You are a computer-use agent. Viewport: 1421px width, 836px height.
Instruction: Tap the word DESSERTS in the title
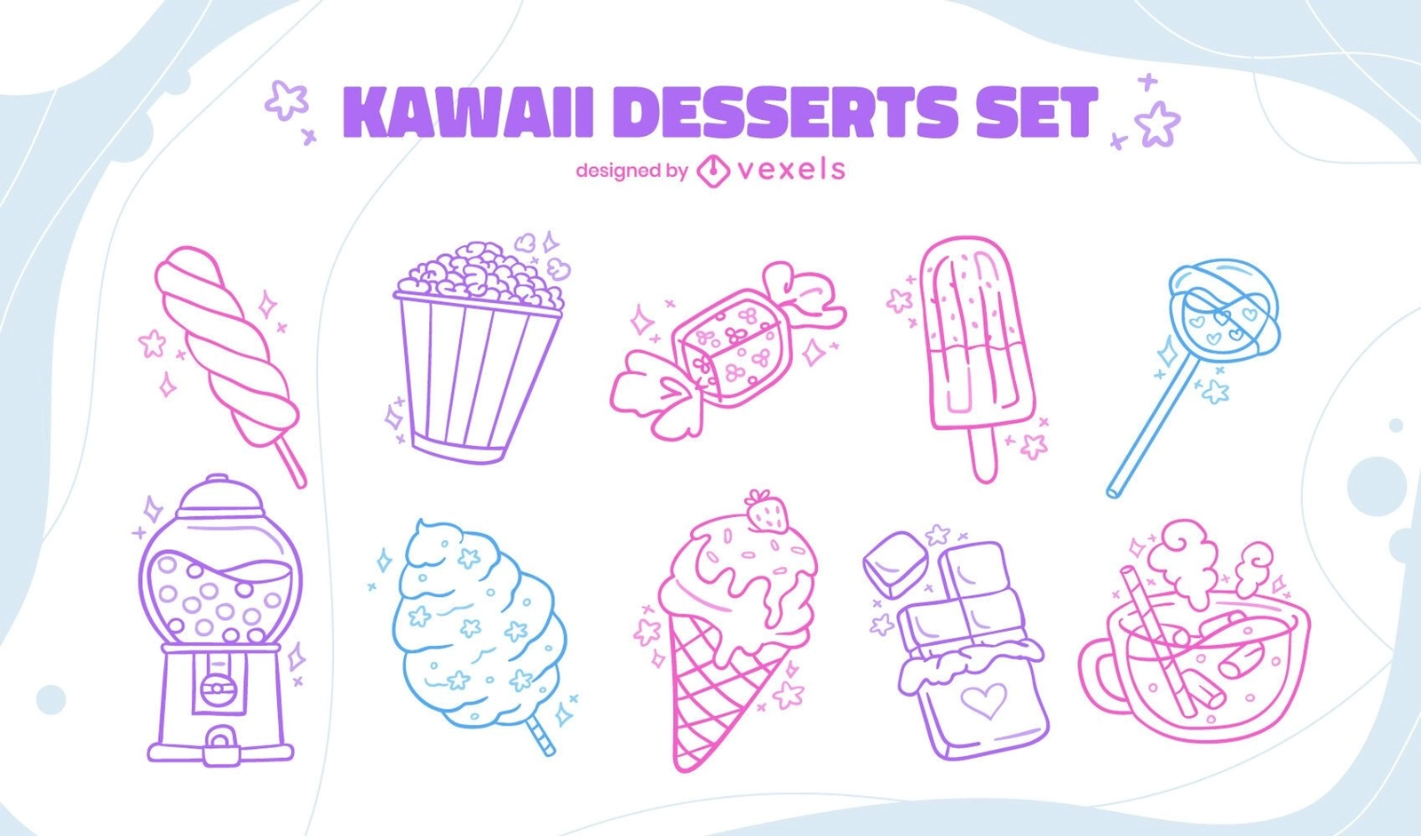pos(785,112)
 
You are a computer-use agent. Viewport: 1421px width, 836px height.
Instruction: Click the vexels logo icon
pos(713,170)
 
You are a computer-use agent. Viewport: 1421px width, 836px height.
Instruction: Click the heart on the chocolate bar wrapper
pos(984,700)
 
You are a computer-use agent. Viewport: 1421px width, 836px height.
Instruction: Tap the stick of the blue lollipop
pos(1152,426)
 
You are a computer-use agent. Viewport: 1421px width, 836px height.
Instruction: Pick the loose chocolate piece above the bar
pos(895,564)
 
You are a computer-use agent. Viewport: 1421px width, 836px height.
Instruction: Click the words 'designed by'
pos(631,171)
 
